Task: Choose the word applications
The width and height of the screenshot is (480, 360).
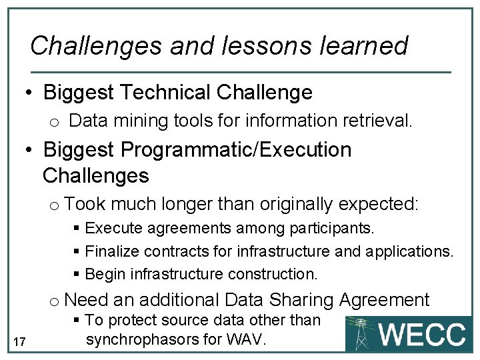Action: pos(409,251)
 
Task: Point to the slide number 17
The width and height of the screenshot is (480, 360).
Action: pos(19,342)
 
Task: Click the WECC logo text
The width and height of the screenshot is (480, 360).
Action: pos(422,334)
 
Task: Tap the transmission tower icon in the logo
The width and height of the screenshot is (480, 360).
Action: pos(362,333)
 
